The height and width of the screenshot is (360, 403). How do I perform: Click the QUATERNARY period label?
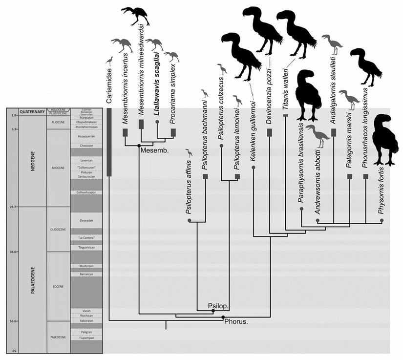point(32,111)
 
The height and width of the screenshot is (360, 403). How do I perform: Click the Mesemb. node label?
point(151,150)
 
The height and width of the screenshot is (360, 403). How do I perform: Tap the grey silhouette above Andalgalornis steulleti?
point(334,44)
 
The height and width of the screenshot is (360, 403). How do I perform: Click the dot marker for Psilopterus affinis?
point(189,221)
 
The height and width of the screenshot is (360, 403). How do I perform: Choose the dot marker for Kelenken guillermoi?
point(254,168)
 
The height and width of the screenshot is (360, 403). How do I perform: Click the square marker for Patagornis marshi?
point(349,176)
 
